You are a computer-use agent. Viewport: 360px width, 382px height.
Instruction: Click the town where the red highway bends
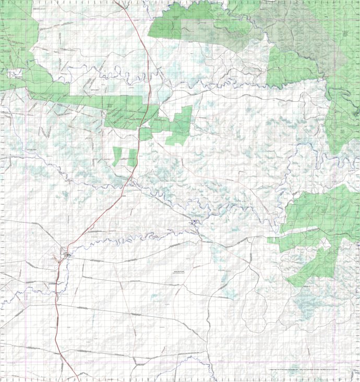click(x=66, y=254)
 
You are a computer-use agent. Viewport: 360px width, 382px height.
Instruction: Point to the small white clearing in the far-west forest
click(x=15, y=74)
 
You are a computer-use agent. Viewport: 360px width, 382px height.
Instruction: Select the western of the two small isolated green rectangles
click(x=117, y=156)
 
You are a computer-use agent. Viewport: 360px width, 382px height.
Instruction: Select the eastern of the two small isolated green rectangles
click(x=133, y=157)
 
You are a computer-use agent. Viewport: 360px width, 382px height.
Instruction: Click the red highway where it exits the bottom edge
click(x=78, y=379)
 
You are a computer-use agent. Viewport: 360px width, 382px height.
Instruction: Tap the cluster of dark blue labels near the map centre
click(x=195, y=224)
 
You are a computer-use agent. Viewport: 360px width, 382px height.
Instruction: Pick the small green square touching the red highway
click(x=146, y=134)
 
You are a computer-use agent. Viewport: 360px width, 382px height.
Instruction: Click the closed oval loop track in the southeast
click(x=256, y=308)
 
